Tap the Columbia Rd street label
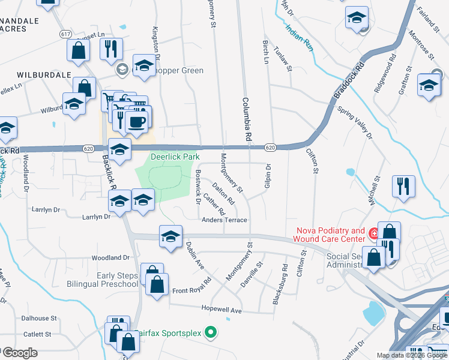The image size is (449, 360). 246,120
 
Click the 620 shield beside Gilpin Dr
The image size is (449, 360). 270,147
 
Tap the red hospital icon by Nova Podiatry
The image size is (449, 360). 373,233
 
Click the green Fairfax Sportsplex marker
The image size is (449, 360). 210,331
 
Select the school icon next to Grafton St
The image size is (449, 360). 429,85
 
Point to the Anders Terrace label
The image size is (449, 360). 225,220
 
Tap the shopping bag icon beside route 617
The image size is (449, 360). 78,51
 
